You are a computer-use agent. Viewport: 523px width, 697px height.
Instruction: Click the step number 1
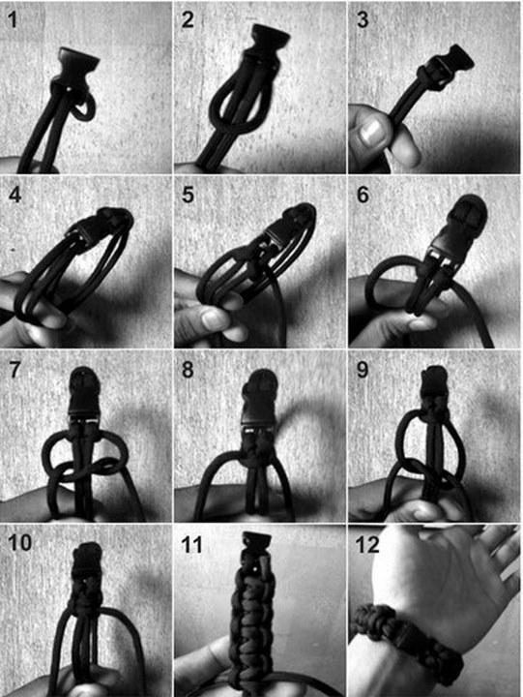click(12, 20)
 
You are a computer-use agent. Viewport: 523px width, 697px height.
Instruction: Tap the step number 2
click(187, 20)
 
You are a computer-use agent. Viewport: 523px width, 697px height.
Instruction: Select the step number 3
click(363, 20)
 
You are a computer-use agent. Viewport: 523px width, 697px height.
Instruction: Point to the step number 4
click(15, 195)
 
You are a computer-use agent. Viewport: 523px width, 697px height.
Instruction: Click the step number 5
click(188, 195)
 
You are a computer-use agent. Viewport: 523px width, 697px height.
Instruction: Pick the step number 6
click(363, 195)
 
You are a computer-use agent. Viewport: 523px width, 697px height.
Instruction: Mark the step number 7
click(15, 370)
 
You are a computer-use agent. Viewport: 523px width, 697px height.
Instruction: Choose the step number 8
click(188, 370)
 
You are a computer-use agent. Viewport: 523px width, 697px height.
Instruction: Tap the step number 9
click(363, 370)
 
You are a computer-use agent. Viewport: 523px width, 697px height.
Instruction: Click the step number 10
click(19, 543)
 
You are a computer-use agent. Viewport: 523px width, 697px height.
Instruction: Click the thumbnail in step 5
click(214, 318)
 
